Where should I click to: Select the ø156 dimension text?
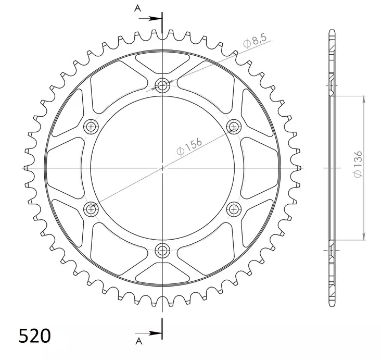pyautogui.click(x=189, y=147)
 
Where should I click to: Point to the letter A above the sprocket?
pyautogui.click(x=137, y=8)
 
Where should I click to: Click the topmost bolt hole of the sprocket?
pyautogui.click(x=163, y=86)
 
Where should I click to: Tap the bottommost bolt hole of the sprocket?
pyautogui.click(x=163, y=249)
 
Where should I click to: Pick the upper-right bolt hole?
pyautogui.click(x=234, y=126)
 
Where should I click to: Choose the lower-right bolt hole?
pyautogui.click(x=234, y=209)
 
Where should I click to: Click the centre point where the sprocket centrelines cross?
pyautogui.click(x=163, y=168)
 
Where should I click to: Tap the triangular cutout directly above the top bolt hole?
pyautogui.click(x=163, y=61)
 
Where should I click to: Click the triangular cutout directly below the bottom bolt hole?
pyautogui.click(x=163, y=274)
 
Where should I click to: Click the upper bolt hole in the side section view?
pyautogui.click(x=332, y=86)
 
